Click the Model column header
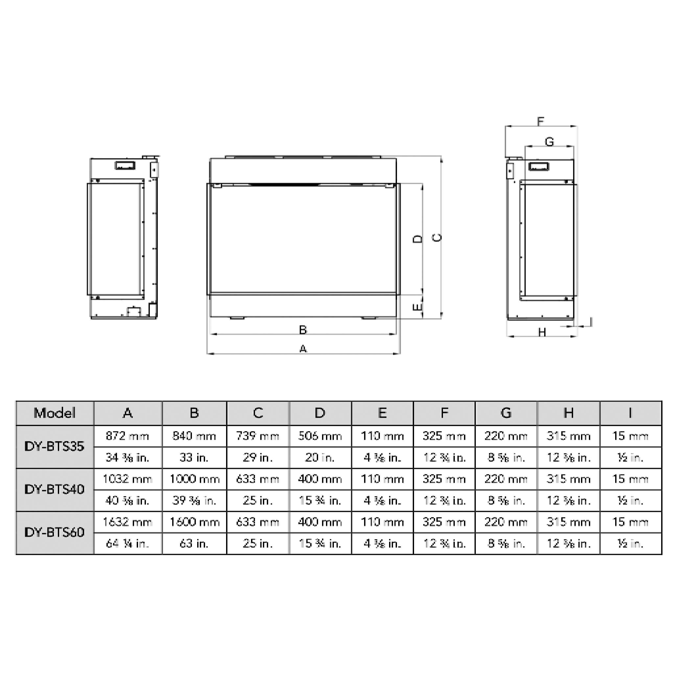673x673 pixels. pyautogui.click(x=55, y=413)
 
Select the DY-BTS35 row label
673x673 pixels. pyautogui.click(x=55, y=447)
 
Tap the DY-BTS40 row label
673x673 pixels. pyautogui.click(x=55, y=489)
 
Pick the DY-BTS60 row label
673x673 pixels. pyautogui.click(x=55, y=532)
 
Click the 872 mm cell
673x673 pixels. pyautogui.click(x=128, y=436)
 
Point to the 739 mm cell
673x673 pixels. pyautogui.click(x=258, y=436)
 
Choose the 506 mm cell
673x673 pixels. pyautogui.click(x=320, y=436)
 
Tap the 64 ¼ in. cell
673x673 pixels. pyautogui.click(x=128, y=544)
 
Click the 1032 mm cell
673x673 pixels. pyautogui.click(x=128, y=479)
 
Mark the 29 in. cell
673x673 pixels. pyautogui.click(x=258, y=457)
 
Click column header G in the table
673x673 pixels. pyautogui.click(x=506, y=413)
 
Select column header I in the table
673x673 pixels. pyautogui.click(x=630, y=413)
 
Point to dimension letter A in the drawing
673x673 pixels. pyautogui.click(x=303, y=349)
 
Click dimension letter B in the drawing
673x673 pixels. pyautogui.click(x=303, y=330)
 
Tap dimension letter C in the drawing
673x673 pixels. pyautogui.click(x=437, y=238)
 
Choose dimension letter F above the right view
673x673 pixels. pyautogui.click(x=540, y=122)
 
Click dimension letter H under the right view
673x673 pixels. pyautogui.click(x=542, y=332)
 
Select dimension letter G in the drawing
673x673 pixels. pyautogui.click(x=549, y=142)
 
